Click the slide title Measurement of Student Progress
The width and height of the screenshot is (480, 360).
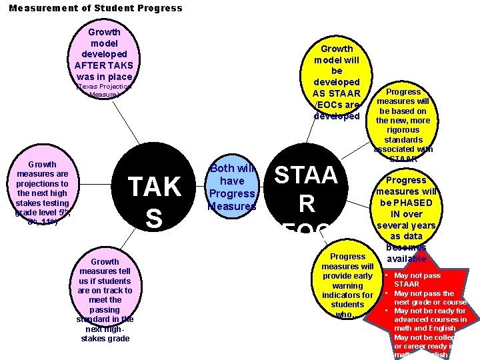click(x=95, y=9)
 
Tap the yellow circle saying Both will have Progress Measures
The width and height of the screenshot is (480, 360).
click(x=232, y=187)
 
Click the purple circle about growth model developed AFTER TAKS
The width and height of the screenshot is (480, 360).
click(x=103, y=57)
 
